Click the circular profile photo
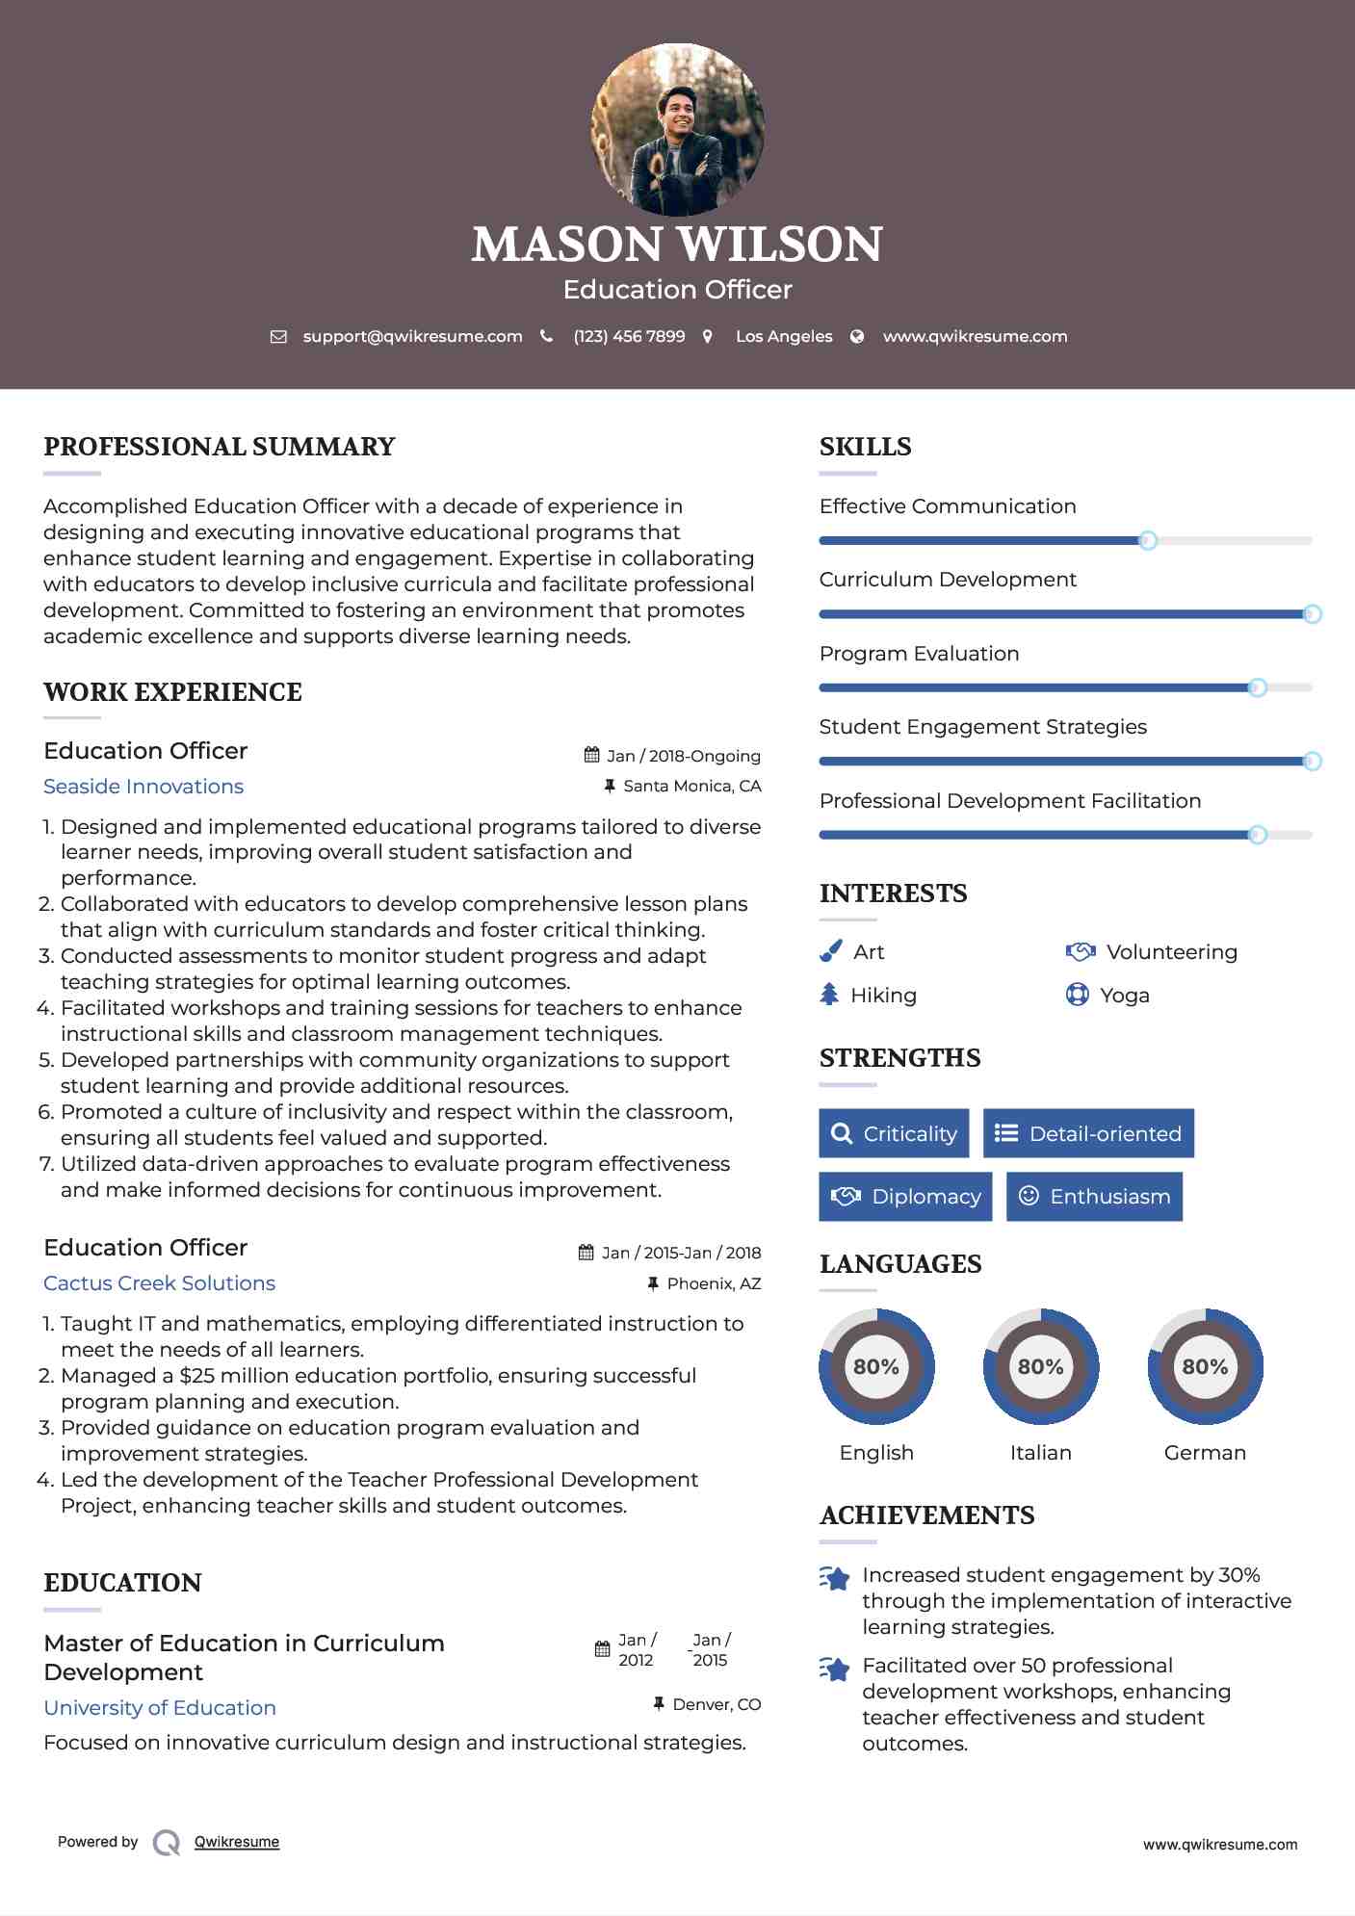677,129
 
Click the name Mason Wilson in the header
677,245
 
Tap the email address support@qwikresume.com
412,336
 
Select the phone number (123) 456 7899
629,336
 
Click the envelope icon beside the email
278,337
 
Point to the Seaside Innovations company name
143,787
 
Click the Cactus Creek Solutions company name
159,1283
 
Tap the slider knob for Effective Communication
1147,540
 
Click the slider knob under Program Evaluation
1257,687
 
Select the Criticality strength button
894,1133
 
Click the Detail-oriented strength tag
1088,1133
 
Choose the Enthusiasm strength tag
1094,1196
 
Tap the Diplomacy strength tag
905,1196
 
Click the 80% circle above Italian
1040,1366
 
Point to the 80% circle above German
1205,1366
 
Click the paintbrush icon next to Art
830,951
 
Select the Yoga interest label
1125,996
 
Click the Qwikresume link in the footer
237,1842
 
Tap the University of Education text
160,1708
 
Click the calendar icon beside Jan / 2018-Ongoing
592,755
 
